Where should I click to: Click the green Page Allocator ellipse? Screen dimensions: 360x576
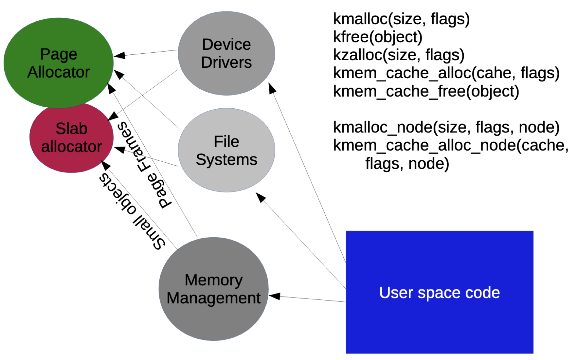click(x=58, y=62)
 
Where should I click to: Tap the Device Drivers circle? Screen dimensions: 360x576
click(x=226, y=53)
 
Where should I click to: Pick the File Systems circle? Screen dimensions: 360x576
click(x=226, y=150)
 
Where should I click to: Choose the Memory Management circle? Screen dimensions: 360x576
click(x=213, y=289)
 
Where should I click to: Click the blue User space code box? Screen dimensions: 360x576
click(x=440, y=292)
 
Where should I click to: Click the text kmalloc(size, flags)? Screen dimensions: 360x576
click(x=401, y=19)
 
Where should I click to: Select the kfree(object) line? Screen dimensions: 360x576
click(x=378, y=37)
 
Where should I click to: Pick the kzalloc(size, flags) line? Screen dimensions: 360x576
click(x=399, y=55)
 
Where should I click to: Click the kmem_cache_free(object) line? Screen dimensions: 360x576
click(x=426, y=91)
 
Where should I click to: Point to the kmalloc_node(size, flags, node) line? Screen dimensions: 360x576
click(x=446, y=127)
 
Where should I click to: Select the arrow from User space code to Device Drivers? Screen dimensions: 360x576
click(x=308, y=173)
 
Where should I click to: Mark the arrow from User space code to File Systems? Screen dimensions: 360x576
click(x=301, y=241)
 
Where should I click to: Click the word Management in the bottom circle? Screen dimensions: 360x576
click(x=213, y=298)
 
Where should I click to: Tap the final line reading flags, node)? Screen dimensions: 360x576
click(x=407, y=164)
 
